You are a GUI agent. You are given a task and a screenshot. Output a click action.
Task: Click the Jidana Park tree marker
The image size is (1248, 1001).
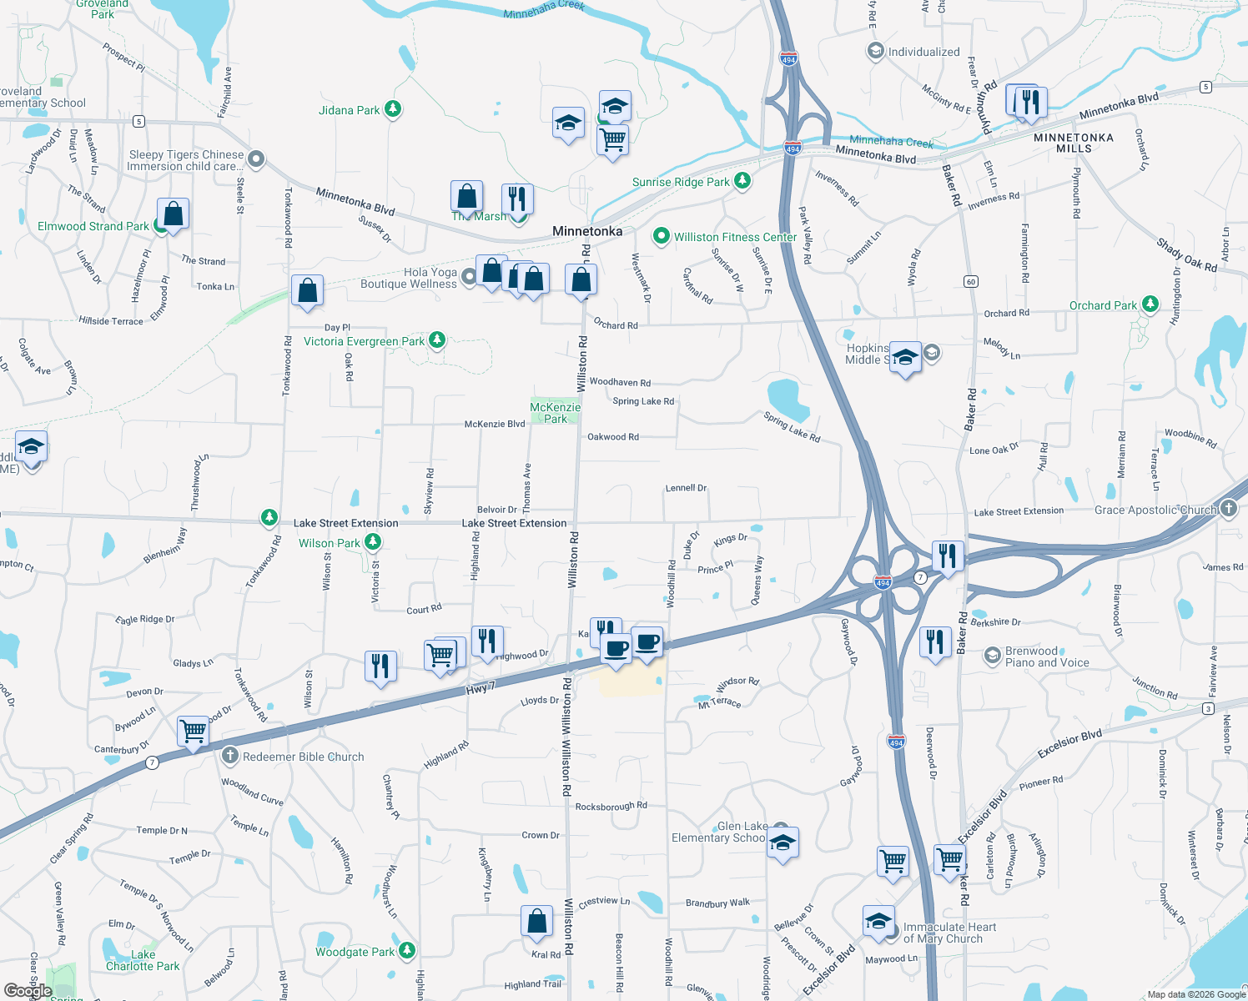click(x=393, y=109)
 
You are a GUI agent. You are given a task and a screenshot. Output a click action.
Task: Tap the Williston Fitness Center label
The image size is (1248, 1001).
click(x=735, y=237)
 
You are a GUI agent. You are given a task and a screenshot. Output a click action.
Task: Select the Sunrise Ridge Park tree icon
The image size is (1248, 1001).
click(x=742, y=181)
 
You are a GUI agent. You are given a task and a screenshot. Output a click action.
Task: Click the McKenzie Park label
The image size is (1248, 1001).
click(x=556, y=413)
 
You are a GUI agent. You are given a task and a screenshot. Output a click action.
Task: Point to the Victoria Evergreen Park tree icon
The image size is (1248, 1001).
click(x=436, y=340)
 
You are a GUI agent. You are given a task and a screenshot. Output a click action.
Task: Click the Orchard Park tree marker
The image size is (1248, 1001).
click(x=1150, y=304)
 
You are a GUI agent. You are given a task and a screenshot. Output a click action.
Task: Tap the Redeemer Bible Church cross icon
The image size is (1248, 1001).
click(x=230, y=756)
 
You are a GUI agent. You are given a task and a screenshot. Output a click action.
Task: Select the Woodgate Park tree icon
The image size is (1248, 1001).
click(x=406, y=950)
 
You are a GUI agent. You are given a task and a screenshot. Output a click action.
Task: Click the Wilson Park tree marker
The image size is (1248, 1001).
click(x=373, y=542)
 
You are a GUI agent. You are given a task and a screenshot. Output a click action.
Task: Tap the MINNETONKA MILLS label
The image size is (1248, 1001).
click(x=1074, y=143)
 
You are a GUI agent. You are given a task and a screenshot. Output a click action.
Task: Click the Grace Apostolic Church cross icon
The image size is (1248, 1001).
click(x=1229, y=509)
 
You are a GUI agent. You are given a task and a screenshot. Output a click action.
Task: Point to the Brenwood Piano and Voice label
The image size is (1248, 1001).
click(x=1047, y=656)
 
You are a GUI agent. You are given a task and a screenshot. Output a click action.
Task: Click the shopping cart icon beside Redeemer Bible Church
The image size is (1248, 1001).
click(x=193, y=731)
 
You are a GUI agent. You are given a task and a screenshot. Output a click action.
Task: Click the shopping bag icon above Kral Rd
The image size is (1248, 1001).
click(x=537, y=920)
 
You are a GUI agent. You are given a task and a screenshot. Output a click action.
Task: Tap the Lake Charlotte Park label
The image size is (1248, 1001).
click(x=143, y=960)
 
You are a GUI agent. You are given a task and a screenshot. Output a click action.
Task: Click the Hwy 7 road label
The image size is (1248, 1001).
click(x=481, y=688)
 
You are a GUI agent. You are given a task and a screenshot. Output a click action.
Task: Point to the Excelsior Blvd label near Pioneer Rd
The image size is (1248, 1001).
click(x=1069, y=743)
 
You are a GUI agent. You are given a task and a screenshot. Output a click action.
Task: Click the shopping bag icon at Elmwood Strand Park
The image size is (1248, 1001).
click(x=173, y=214)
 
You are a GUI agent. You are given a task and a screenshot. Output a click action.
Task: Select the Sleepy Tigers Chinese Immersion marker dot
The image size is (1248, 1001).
click(x=257, y=158)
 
